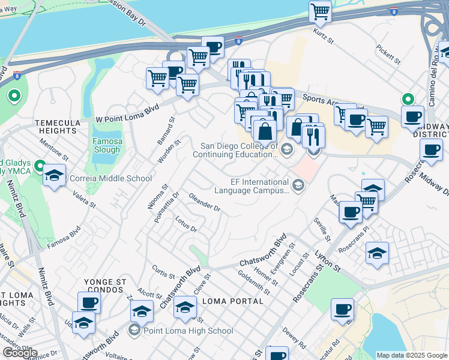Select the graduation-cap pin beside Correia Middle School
click(55, 175)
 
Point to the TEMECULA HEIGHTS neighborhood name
click(57, 126)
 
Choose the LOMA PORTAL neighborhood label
click(233, 301)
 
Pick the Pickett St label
click(388, 53)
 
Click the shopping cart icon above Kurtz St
click(321, 11)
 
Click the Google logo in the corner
click(20, 353)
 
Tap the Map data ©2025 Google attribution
click(412, 355)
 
